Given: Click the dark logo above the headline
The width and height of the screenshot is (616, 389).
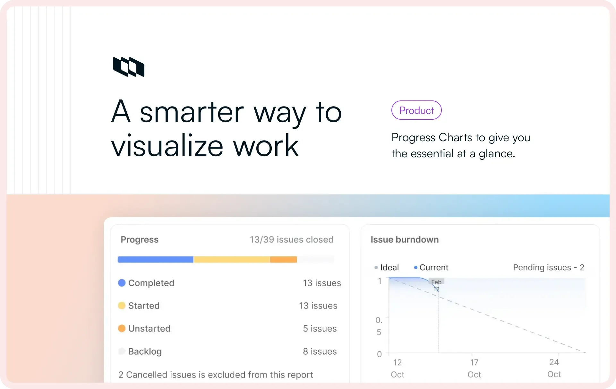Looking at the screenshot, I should (x=129, y=67).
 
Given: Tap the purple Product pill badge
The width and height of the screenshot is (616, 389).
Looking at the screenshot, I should (x=416, y=110).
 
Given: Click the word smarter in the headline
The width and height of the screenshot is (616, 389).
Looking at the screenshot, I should (x=192, y=112).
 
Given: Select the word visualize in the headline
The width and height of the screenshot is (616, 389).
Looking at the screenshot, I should (x=167, y=146).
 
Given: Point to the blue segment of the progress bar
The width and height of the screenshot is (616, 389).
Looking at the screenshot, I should (x=155, y=259).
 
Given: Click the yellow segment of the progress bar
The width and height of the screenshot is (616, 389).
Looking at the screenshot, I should (x=231, y=259).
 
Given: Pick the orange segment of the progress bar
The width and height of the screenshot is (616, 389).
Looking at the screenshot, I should (x=283, y=259).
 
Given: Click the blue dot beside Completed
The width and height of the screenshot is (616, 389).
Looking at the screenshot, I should (x=122, y=283).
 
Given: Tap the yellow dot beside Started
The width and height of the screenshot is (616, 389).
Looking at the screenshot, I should (x=122, y=306).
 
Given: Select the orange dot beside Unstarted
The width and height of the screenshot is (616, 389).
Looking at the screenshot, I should (x=122, y=328).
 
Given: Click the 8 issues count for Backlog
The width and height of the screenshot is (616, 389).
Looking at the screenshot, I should (x=320, y=351).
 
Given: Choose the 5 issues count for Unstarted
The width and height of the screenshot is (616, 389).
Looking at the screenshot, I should (x=320, y=328).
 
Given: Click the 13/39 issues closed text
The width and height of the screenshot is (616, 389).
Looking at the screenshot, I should (x=291, y=239).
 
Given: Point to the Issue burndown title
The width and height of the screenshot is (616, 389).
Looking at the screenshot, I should (x=405, y=239).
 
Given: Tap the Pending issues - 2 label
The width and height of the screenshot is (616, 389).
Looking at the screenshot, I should (x=548, y=267).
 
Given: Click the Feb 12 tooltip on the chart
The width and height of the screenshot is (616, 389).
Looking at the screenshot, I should (x=436, y=285).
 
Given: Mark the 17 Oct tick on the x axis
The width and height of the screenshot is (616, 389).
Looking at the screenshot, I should (x=474, y=368).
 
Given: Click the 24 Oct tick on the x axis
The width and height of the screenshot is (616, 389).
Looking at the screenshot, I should (x=554, y=368).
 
